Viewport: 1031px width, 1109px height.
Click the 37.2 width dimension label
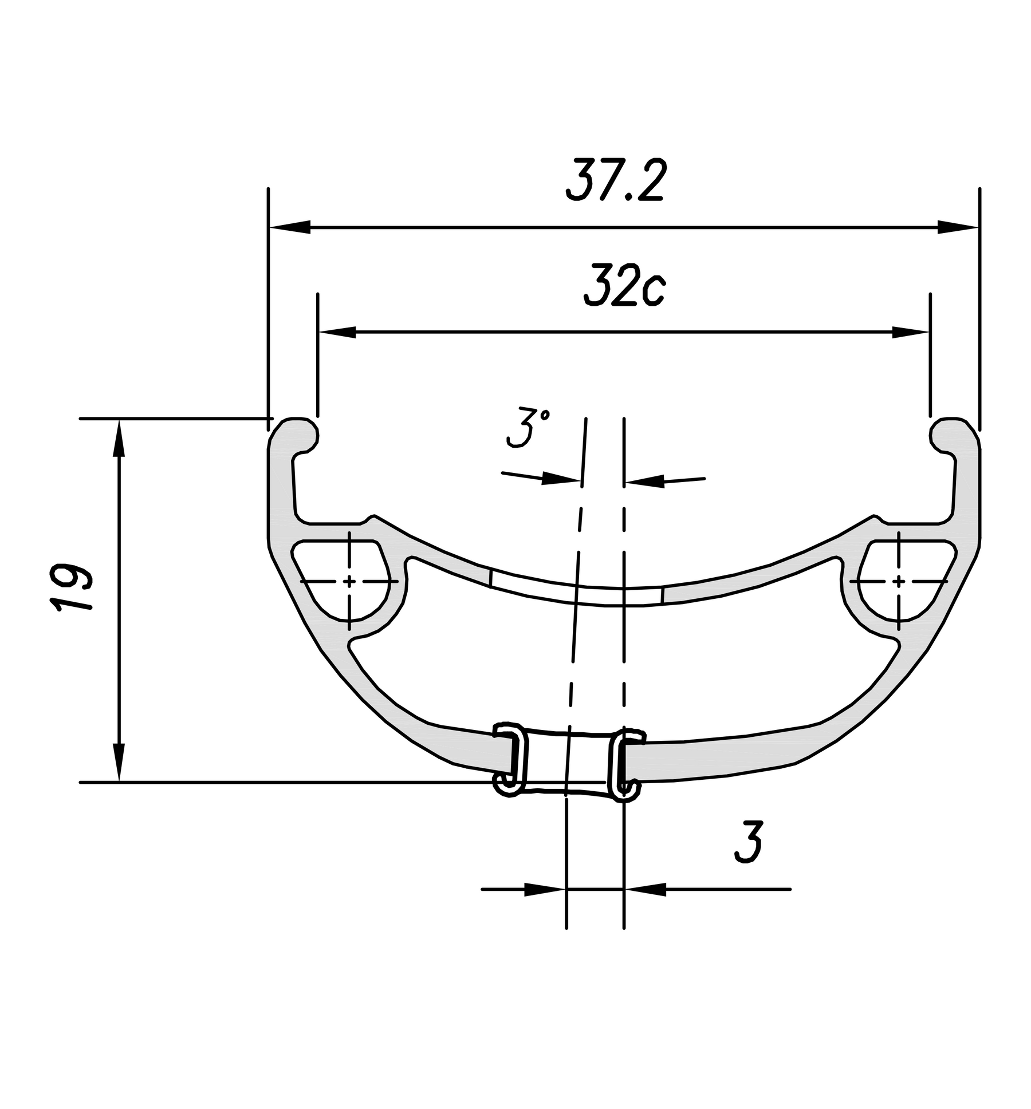point(615,180)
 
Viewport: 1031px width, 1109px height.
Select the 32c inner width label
point(624,285)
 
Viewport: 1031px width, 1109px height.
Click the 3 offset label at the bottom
point(749,842)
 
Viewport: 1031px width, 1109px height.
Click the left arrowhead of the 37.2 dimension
point(290,227)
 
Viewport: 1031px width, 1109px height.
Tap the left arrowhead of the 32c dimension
point(338,332)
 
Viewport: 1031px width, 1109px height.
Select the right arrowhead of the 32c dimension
point(910,332)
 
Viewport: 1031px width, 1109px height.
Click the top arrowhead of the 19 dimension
point(119,438)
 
